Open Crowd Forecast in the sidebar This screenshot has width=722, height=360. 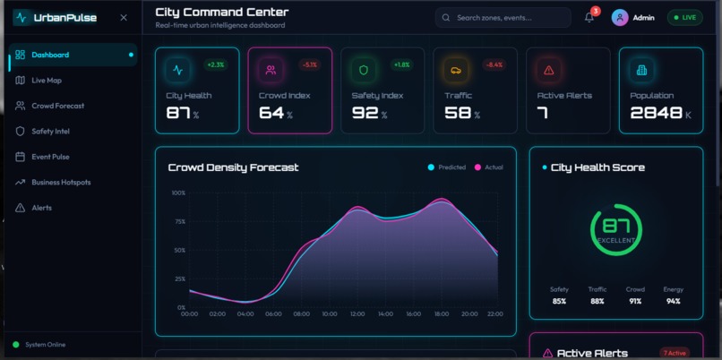pyautogui.click(x=57, y=106)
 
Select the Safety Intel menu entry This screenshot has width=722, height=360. pyautogui.click(x=50, y=132)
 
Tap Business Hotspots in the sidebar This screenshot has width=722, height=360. pyautogui.click(x=61, y=183)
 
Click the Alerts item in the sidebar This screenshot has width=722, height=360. pyautogui.click(x=41, y=208)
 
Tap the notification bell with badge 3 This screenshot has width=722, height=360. pyautogui.click(x=589, y=18)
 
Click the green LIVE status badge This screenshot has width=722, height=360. pyautogui.click(x=685, y=18)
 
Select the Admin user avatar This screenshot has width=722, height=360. pyautogui.click(x=619, y=18)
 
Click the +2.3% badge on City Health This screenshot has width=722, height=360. pyautogui.click(x=216, y=64)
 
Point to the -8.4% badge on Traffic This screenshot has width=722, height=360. pyautogui.click(x=494, y=64)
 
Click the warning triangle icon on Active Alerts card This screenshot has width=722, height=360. pyautogui.click(x=549, y=70)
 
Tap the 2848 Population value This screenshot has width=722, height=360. pyautogui.click(x=656, y=113)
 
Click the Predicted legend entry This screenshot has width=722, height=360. pyautogui.click(x=447, y=167)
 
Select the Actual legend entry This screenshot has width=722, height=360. pyautogui.click(x=489, y=167)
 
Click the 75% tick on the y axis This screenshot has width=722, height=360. pyautogui.click(x=178, y=221)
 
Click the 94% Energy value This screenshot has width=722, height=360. pyautogui.click(x=673, y=301)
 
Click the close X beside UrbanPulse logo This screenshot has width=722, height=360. pyautogui.click(x=124, y=18)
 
